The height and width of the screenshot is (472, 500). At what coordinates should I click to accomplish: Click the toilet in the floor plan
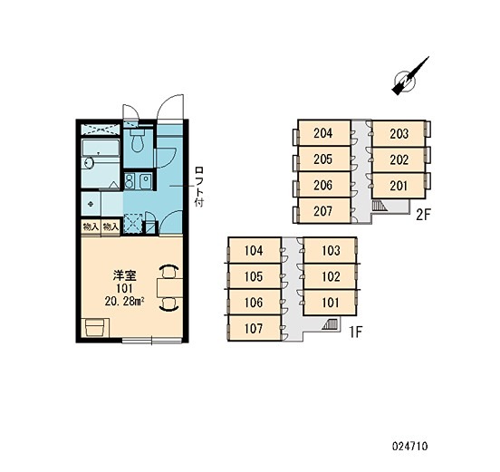[x=138, y=140]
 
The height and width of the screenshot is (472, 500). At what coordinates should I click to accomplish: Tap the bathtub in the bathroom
[x=101, y=148]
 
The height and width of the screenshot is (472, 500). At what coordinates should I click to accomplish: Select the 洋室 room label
[x=124, y=276]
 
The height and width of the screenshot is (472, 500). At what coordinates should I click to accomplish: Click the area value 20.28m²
[x=124, y=301]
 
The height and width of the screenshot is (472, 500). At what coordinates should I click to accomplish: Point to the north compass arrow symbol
[x=409, y=76]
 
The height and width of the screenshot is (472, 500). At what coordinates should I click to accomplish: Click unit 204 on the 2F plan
[x=324, y=133]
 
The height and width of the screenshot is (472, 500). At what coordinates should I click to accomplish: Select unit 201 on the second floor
[x=399, y=186]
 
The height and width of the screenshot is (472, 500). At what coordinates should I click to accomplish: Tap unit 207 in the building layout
[x=324, y=211]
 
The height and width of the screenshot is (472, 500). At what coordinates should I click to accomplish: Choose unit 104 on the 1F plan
[x=255, y=250]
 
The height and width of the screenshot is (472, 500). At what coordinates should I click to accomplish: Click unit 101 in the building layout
[x=330, y=303]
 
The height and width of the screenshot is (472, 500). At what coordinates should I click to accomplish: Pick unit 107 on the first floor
[x=255, y=328]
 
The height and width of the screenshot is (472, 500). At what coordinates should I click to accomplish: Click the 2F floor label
[x=423, y=215]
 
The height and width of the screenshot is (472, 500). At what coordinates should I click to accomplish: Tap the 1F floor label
[x=356, y=332]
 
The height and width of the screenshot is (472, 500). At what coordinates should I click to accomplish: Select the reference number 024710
[x=410, y=446]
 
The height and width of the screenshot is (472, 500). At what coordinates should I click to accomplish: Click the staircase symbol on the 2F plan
[x=380, y=206]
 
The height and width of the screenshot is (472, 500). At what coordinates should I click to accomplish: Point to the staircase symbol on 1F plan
[x=330, y=324]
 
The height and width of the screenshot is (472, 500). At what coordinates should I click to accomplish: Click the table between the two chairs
[x=170, y=288]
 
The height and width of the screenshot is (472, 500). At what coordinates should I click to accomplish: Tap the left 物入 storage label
[x=91, y=226]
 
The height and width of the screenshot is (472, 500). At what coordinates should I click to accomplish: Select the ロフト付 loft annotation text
[x=199, y=187]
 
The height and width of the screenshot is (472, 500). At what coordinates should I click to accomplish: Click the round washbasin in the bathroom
[x=88, y=164]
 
